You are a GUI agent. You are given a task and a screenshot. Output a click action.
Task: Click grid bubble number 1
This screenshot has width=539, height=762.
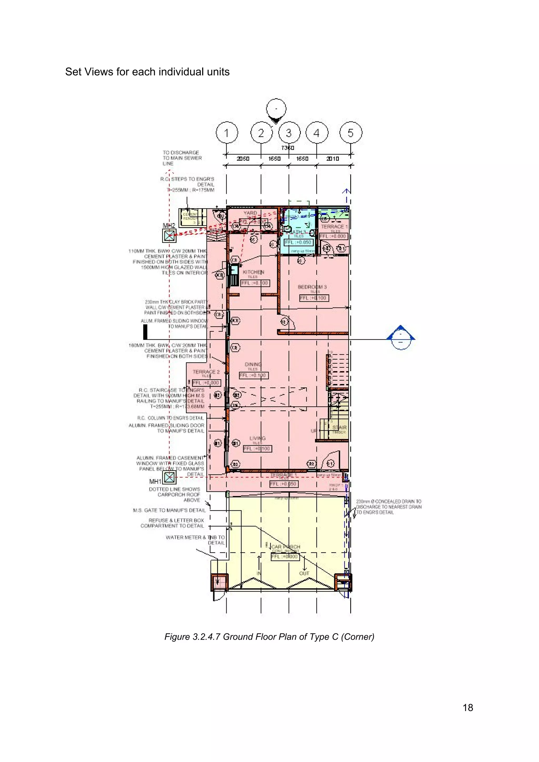pos(227,133)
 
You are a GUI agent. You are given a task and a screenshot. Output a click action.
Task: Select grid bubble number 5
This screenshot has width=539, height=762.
pos(351,133)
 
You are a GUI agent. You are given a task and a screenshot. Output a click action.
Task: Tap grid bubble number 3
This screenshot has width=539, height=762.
pos(289,133)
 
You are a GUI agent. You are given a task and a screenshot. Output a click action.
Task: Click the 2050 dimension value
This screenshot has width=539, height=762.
pos(243,159)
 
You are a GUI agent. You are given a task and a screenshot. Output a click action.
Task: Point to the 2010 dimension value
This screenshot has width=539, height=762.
pos(332,159)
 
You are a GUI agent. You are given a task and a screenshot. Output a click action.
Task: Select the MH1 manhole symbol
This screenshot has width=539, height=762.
pos(169,478)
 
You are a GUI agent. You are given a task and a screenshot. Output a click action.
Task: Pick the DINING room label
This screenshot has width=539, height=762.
pos(253,364)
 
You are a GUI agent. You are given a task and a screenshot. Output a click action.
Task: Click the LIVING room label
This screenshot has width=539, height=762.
pos(257,438)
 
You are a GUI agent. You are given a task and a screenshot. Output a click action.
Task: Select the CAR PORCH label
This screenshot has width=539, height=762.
pos(286,547)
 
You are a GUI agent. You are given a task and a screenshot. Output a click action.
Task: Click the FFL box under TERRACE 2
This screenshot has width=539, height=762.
pos(206,383)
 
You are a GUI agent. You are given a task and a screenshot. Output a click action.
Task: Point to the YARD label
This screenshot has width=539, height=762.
pos(250,213)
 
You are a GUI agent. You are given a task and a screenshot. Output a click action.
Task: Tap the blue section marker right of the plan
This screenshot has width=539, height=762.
pos(401,337)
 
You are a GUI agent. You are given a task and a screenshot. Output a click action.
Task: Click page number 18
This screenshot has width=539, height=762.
pos(468,708)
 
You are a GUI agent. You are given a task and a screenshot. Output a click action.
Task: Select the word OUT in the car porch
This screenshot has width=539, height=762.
pos(304,573)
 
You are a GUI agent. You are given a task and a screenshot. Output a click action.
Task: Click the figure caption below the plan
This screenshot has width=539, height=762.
pos(269,637)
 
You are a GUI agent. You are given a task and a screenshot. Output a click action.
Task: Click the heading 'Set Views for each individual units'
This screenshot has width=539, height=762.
pos(147,72)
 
